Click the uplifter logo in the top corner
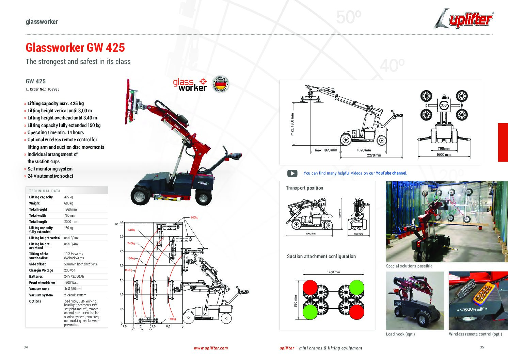464,19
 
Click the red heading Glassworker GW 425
75,48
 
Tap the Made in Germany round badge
220,84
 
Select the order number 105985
53,89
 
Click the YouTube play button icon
292,173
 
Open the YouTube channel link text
355,173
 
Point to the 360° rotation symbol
444,105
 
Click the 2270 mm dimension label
374,155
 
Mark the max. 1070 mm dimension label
326,150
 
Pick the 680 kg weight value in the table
69,203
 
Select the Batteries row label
36,277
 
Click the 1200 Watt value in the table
71,283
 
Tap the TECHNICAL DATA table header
45,191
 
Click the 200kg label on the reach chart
194,217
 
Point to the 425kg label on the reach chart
131,230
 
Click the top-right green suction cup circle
356,287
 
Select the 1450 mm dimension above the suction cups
333,272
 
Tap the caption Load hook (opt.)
400,334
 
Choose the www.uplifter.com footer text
211,348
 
